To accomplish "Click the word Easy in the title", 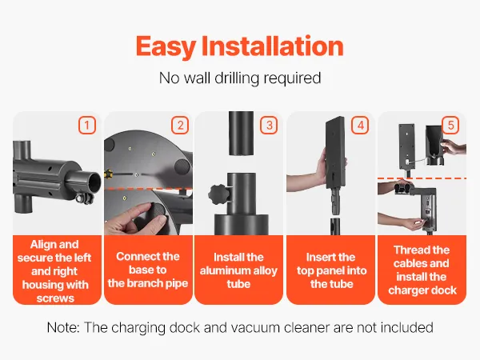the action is [166, 47].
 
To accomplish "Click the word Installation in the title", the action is [273, 46].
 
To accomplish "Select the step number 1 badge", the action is [87, 125].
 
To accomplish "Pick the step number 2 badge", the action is [180, 125].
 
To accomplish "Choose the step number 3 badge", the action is [269, 125].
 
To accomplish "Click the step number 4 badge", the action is [360, 125].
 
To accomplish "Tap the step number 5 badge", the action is [450, 125].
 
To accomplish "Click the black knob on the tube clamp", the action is [218, 194].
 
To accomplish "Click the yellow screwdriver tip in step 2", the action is [108, 174].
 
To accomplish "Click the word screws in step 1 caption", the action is [55, 298].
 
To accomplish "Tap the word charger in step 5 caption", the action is [408, 290].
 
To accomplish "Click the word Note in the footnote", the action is [63, 327].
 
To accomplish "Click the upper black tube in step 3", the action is [242, 133].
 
